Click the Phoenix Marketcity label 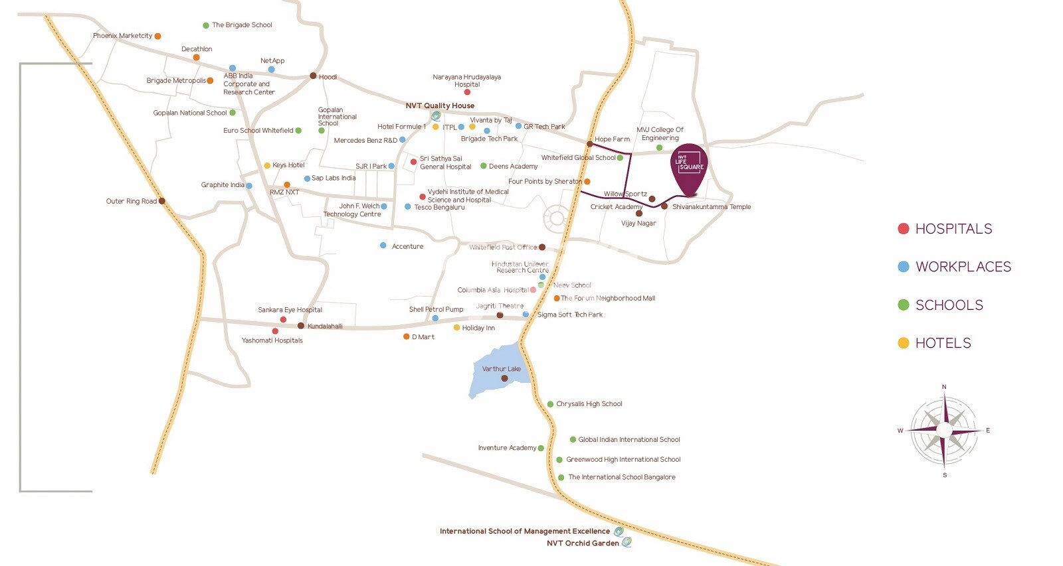(122, 36)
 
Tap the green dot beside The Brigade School (206, 25)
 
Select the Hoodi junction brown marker (313, 76)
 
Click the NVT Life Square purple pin (689, 167)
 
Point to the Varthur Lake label (501, 369)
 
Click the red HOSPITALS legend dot (903, 229)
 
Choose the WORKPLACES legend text (963, 267)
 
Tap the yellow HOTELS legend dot (903, 343)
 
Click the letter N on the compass (944, 387)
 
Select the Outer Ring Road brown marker (161, 201)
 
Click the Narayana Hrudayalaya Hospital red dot (467, 92)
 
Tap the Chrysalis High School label (589, 404)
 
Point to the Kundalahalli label (325, 326)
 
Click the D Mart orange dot (406, 336)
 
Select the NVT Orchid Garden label (583, 543)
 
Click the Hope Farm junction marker (589, 144)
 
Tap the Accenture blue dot (383, 246)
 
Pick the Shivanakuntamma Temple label (711, 207)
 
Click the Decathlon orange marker (196, 58)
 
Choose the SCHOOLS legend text (949, 305)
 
